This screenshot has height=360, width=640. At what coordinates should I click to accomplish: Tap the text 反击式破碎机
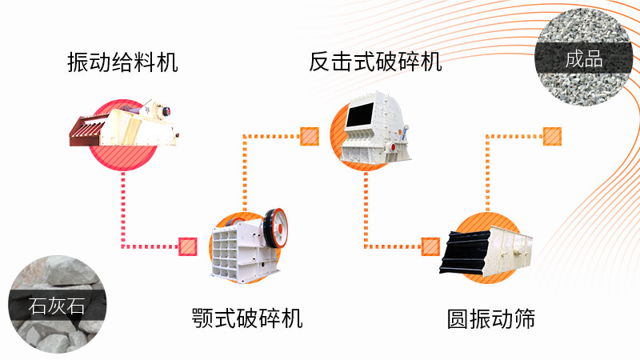375,62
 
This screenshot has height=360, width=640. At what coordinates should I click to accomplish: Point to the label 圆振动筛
490,319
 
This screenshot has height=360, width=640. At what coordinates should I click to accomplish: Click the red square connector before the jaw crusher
188,246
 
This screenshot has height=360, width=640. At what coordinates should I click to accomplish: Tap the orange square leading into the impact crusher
309,136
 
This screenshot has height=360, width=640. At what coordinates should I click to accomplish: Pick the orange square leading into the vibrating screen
430,246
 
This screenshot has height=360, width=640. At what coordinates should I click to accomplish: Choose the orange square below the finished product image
552,136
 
